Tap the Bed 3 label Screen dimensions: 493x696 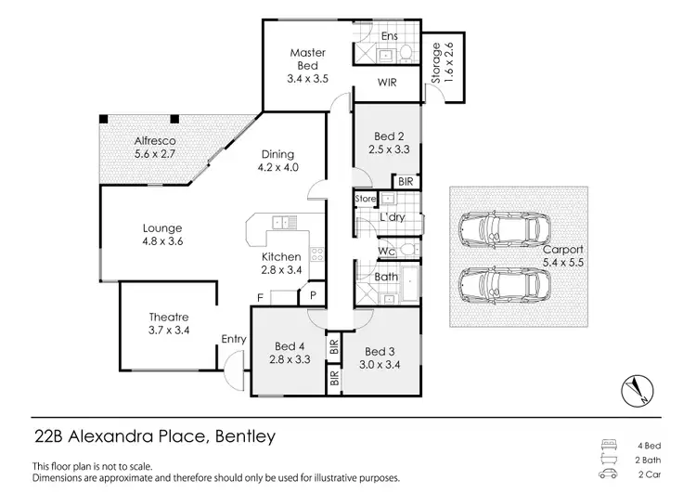380,351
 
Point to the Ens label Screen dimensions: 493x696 391,35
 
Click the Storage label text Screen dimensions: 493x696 435,64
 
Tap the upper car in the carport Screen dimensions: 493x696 501,230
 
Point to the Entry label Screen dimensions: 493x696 233,340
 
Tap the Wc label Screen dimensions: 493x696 388,251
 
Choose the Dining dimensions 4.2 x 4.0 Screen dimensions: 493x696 277,168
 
